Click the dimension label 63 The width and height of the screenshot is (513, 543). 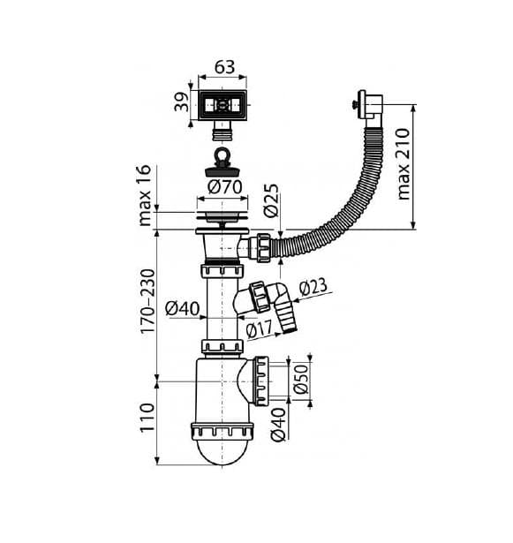[224, 67]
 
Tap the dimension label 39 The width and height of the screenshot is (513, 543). [182, 102]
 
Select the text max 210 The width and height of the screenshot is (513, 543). [404, 164]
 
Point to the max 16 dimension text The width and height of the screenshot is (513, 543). [145, 195]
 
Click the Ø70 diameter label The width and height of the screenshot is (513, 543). [225, 187]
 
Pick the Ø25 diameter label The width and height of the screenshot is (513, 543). [271, 200]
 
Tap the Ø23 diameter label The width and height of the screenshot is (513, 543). [313, 287]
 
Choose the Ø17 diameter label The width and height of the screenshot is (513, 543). [260, 328]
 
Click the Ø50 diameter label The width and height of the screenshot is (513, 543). [301, 379]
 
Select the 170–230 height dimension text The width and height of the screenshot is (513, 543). [147, 301]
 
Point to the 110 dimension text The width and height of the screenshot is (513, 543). [147, 418]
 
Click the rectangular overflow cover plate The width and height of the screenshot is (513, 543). [223, 106]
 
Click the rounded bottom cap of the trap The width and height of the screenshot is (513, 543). [222, 451]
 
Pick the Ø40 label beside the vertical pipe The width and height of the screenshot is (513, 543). [182, 308]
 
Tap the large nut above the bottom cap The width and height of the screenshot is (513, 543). [222, 431]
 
